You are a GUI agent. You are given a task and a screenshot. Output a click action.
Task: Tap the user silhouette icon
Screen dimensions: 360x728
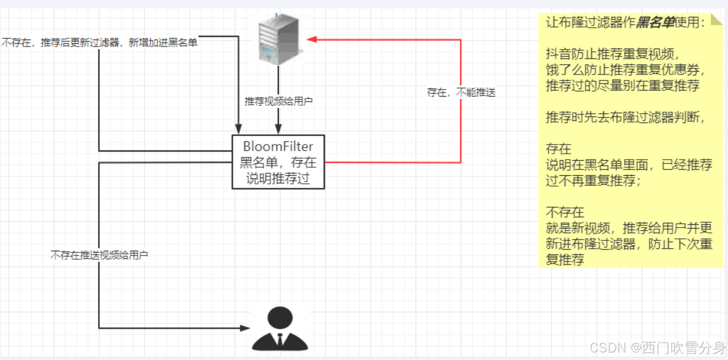280,328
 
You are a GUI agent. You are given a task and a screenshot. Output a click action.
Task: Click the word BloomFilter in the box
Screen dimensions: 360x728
278,147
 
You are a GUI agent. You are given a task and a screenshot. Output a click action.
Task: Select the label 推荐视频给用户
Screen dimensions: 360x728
278,101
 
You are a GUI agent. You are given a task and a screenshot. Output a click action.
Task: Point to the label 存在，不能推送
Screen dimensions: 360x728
461,93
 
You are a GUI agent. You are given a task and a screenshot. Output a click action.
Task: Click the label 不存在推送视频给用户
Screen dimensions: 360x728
99,255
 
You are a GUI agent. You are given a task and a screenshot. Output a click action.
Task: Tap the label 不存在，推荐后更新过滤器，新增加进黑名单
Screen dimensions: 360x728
99,43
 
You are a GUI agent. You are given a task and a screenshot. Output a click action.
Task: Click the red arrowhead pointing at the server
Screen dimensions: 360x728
311,40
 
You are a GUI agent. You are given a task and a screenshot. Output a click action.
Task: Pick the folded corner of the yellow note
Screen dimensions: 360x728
716,20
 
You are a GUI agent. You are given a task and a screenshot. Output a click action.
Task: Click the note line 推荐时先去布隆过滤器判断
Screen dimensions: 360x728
626,117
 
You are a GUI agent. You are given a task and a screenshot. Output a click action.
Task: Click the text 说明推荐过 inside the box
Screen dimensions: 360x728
278,179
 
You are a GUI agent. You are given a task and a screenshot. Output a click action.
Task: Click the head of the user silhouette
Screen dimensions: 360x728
280,317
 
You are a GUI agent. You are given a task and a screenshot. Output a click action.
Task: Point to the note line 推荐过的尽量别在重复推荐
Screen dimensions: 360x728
622,86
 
